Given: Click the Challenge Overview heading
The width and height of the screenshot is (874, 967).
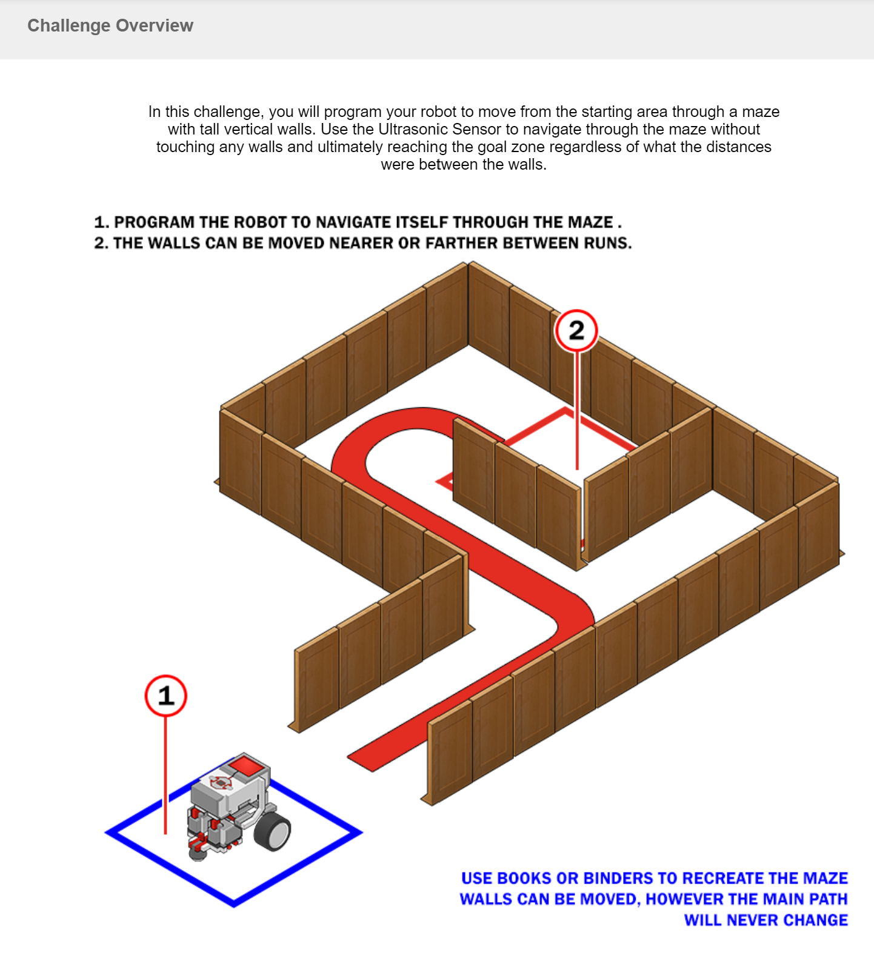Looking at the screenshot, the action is [110, 25].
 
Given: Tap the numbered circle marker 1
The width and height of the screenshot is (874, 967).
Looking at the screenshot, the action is [165, 696].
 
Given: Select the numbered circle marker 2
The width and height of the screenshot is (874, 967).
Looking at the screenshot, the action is [576, 330].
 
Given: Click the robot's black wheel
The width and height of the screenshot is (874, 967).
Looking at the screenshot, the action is [273, 832].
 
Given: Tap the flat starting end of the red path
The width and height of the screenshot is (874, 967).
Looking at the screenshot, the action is [361, 763].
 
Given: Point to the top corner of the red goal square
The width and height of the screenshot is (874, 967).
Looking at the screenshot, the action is [566, 410].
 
